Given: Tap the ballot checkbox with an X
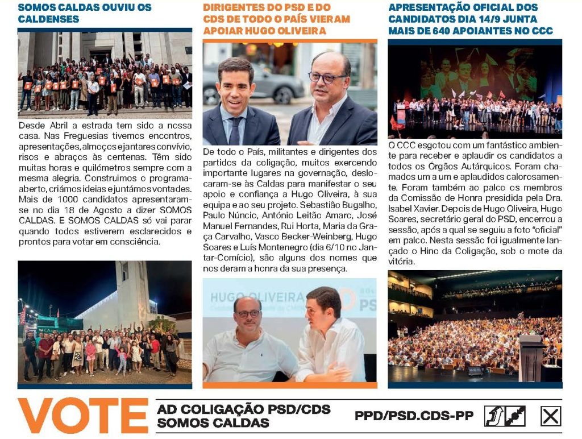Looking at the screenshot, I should (550, 416).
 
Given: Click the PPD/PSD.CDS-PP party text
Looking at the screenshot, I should (414, 416).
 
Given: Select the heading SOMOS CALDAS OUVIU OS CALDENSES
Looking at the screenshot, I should (85, 13).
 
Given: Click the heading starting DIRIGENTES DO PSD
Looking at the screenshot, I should (276, 19).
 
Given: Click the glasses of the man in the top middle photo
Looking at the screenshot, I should (327, 77).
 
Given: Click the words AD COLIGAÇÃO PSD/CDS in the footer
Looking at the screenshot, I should (243, 409).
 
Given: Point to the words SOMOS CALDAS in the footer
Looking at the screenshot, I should (213, 423).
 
